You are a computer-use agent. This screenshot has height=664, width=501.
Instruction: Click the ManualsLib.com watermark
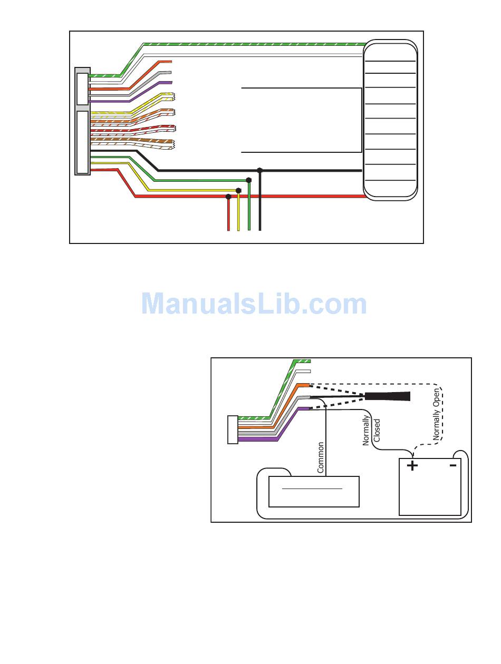pyautogui.click(x=254, y=304)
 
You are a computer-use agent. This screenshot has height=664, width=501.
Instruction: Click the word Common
pyautogui.click(x=321, y=457)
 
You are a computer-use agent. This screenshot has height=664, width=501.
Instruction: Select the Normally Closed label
pyautogui.click(x=371, y=431)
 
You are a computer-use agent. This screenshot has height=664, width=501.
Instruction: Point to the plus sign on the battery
pyautogui.click(x=412, y=465)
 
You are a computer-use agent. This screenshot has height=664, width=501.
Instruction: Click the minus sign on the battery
pyautogui.click(x=452, y=465)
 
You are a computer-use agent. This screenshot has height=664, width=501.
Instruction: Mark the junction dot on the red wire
pyautogui.click(x=228, y=197)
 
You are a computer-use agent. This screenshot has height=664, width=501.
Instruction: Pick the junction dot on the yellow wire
pyautogui.click(x=238, y=190)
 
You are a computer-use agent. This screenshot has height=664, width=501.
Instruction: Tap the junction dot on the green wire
pyautogui.click(x=249, y=180)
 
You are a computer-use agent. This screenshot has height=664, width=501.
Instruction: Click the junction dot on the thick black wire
pyautogui.click(x=259, y=170)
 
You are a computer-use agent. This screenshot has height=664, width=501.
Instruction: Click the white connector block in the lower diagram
pyautogui.click(x=233, y=429)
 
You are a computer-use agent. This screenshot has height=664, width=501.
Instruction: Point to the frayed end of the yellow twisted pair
pyautogui.click(x=172, y=96)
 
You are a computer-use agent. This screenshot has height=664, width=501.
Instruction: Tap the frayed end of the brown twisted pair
pyautogui.click(x=171, y=142)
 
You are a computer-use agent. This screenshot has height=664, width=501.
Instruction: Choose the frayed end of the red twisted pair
pyautogui.click(x=172, y=128)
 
